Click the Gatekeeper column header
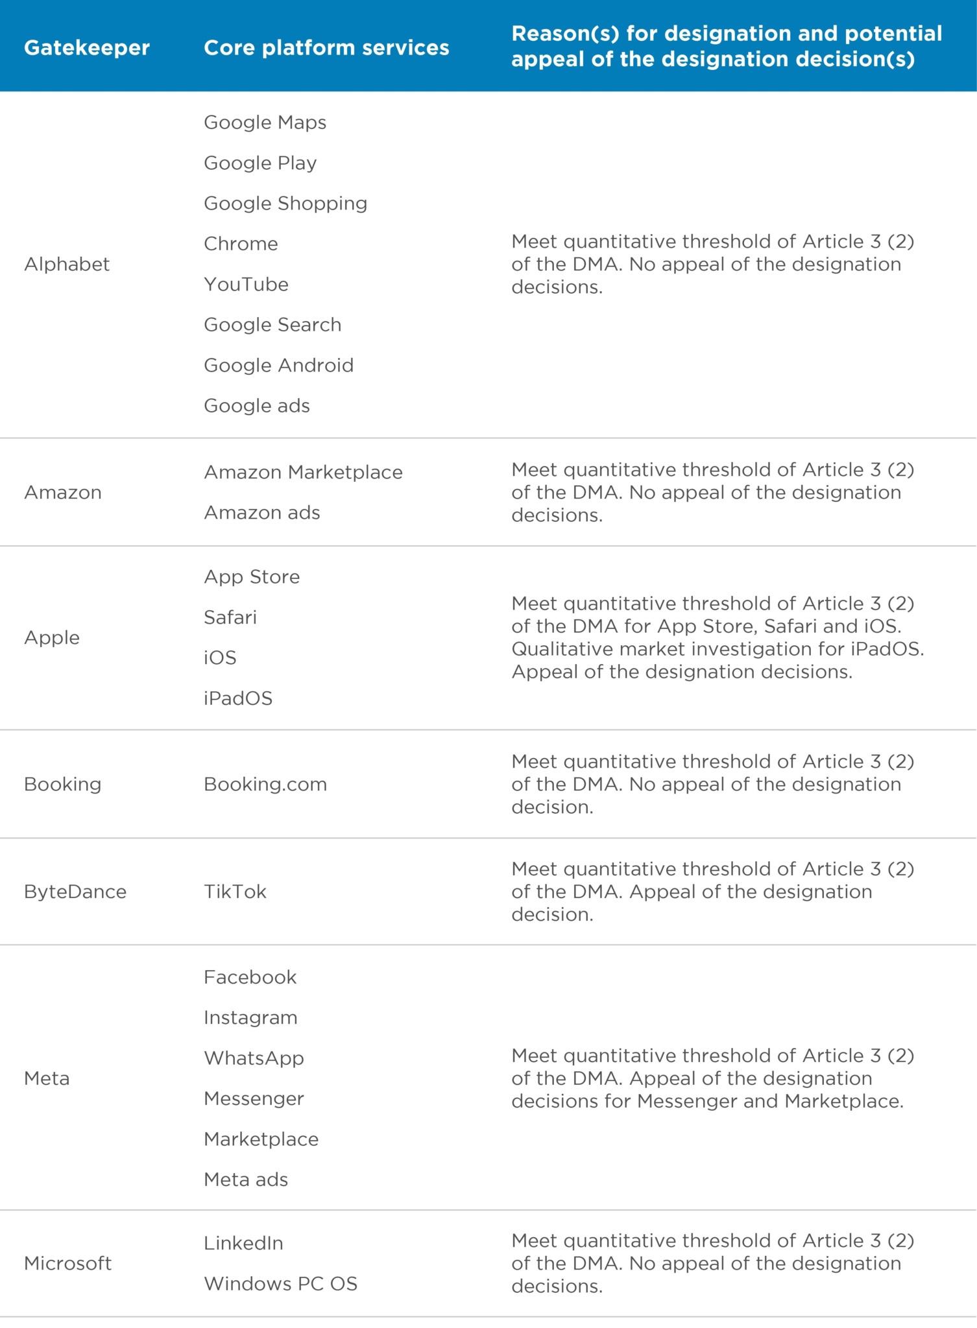click(87, 47)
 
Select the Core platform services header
click(326, 47)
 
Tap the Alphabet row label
click(67, 264)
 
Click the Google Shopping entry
click(285, 203)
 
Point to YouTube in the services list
click(246, 284)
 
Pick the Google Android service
click(278, 365)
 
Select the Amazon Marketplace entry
click(303, 472)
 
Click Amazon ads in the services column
click(262, 512)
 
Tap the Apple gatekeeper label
click(52, 637)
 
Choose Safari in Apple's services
click(230, 617)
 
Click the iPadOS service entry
click(238, 698)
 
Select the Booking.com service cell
click(265, 784)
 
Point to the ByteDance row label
click(75, 892)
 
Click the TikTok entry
click(235, 892)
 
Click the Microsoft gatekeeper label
click(68, 1263)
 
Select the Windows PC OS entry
click(280, 1283)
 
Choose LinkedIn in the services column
click(243, 1243)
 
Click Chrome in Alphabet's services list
click(241, 244)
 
